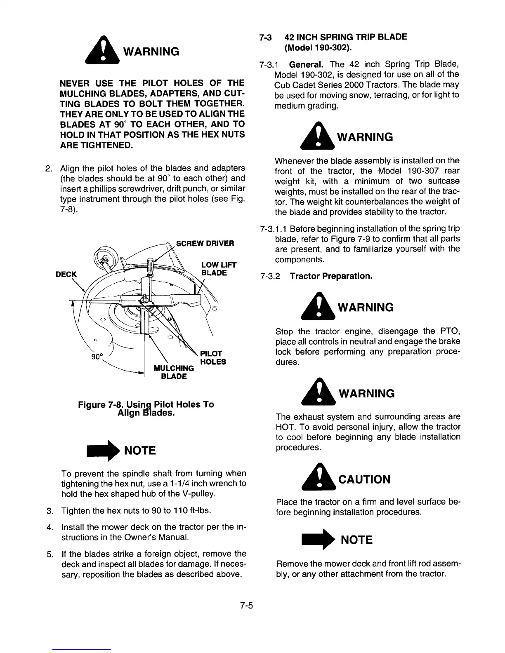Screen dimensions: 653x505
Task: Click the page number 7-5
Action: pos(245,606)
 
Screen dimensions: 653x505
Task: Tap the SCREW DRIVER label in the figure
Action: pos(205,243)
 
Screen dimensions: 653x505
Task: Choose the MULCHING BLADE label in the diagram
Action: pos(173,372)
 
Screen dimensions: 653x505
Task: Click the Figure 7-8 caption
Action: pos(146,408)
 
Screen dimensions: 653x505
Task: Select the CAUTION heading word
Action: pos(364,479)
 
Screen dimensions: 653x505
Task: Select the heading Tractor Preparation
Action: pos(331,275)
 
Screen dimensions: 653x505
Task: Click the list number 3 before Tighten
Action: pos(49,512)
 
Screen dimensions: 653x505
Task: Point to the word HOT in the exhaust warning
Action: pos(283,427)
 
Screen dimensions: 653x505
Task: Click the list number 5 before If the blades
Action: pos(49,554)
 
